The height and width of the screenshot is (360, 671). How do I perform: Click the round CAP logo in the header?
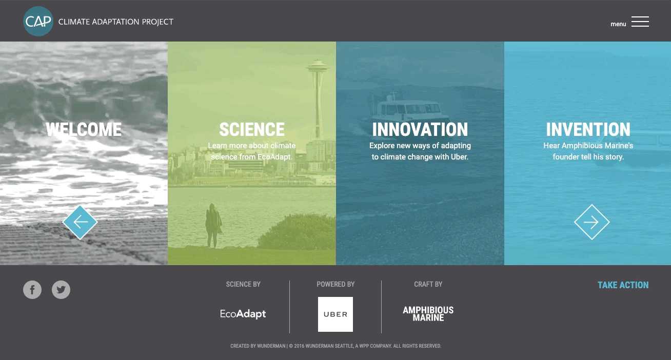pyautogui.click(x=38, y=21)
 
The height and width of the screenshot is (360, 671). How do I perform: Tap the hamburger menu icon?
pyautogui.click(x=640, y=22)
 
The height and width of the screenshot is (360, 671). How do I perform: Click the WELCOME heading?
pyautogui.click(x=84, y=129)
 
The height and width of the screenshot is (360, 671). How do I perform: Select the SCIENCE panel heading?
pyautogui.click(x=251, y=129)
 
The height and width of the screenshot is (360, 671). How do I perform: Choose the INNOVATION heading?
pyautogui.click(x=420, y=129)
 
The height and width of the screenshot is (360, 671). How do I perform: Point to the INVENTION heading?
pyautogui.click(x=588, y=129)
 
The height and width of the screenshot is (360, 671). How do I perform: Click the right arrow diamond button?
pyautogui.click(x=591, y=222)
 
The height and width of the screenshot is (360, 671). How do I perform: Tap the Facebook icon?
pyautogui.click(x=32, y=290)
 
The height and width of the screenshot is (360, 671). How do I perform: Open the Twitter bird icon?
pyautogui.click(x=61, y=290)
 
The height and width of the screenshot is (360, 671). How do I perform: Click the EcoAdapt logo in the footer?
pyautogui.click(x=243, y=314)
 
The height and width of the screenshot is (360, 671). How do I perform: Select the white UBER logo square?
pyautogui.click(x=335, y=314)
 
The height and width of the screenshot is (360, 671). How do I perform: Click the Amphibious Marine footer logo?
pyautogui.click(x=428, y=314)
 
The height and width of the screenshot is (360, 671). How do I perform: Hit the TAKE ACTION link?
pyautogui.click(x=623, y=285)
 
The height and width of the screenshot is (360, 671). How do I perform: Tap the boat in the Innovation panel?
pyautogui.click(x=407, y=110)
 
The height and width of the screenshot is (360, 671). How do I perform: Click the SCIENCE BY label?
pyautogui.click(x=243, y=284)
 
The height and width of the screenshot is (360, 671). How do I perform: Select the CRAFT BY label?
pyautogui.click(x=428, y=284)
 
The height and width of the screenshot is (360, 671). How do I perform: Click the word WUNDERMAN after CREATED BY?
pyautogui.click(x=271, y=346)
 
